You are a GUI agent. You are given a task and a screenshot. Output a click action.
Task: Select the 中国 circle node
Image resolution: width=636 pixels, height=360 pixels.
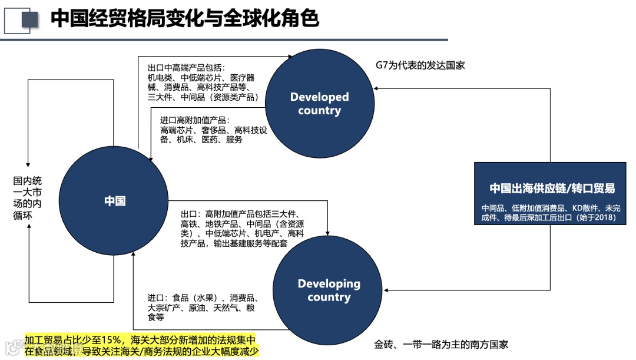coord(115,201)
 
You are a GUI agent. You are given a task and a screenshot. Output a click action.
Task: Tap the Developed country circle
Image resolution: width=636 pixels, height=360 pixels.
coord(320,104)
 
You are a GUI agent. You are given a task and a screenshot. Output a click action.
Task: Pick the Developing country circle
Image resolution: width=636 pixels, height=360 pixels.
coord(329,290)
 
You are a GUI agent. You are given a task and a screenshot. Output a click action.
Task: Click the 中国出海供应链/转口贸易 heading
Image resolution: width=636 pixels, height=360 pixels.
coord(552,189)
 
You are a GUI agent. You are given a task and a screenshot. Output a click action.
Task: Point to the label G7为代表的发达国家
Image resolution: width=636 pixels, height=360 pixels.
coord(420,65)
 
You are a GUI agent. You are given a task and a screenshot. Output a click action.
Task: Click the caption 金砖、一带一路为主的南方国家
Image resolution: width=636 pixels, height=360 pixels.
coord(441,344)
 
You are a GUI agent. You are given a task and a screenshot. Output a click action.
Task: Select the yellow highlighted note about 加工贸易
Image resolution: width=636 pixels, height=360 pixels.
coord(141,345)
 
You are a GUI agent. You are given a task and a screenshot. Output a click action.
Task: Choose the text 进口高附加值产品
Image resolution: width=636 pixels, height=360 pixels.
coord(195,120)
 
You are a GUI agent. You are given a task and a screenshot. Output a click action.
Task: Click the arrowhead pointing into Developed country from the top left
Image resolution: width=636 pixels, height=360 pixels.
coord(290,57)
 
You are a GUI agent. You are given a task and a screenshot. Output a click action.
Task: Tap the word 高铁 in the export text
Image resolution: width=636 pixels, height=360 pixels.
coord(189,224)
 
